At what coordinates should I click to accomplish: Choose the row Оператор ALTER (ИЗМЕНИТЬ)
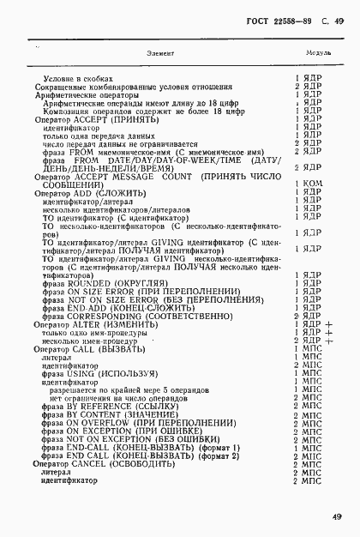[86, 349]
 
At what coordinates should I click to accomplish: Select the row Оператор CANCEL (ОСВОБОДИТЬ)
[94, 488]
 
